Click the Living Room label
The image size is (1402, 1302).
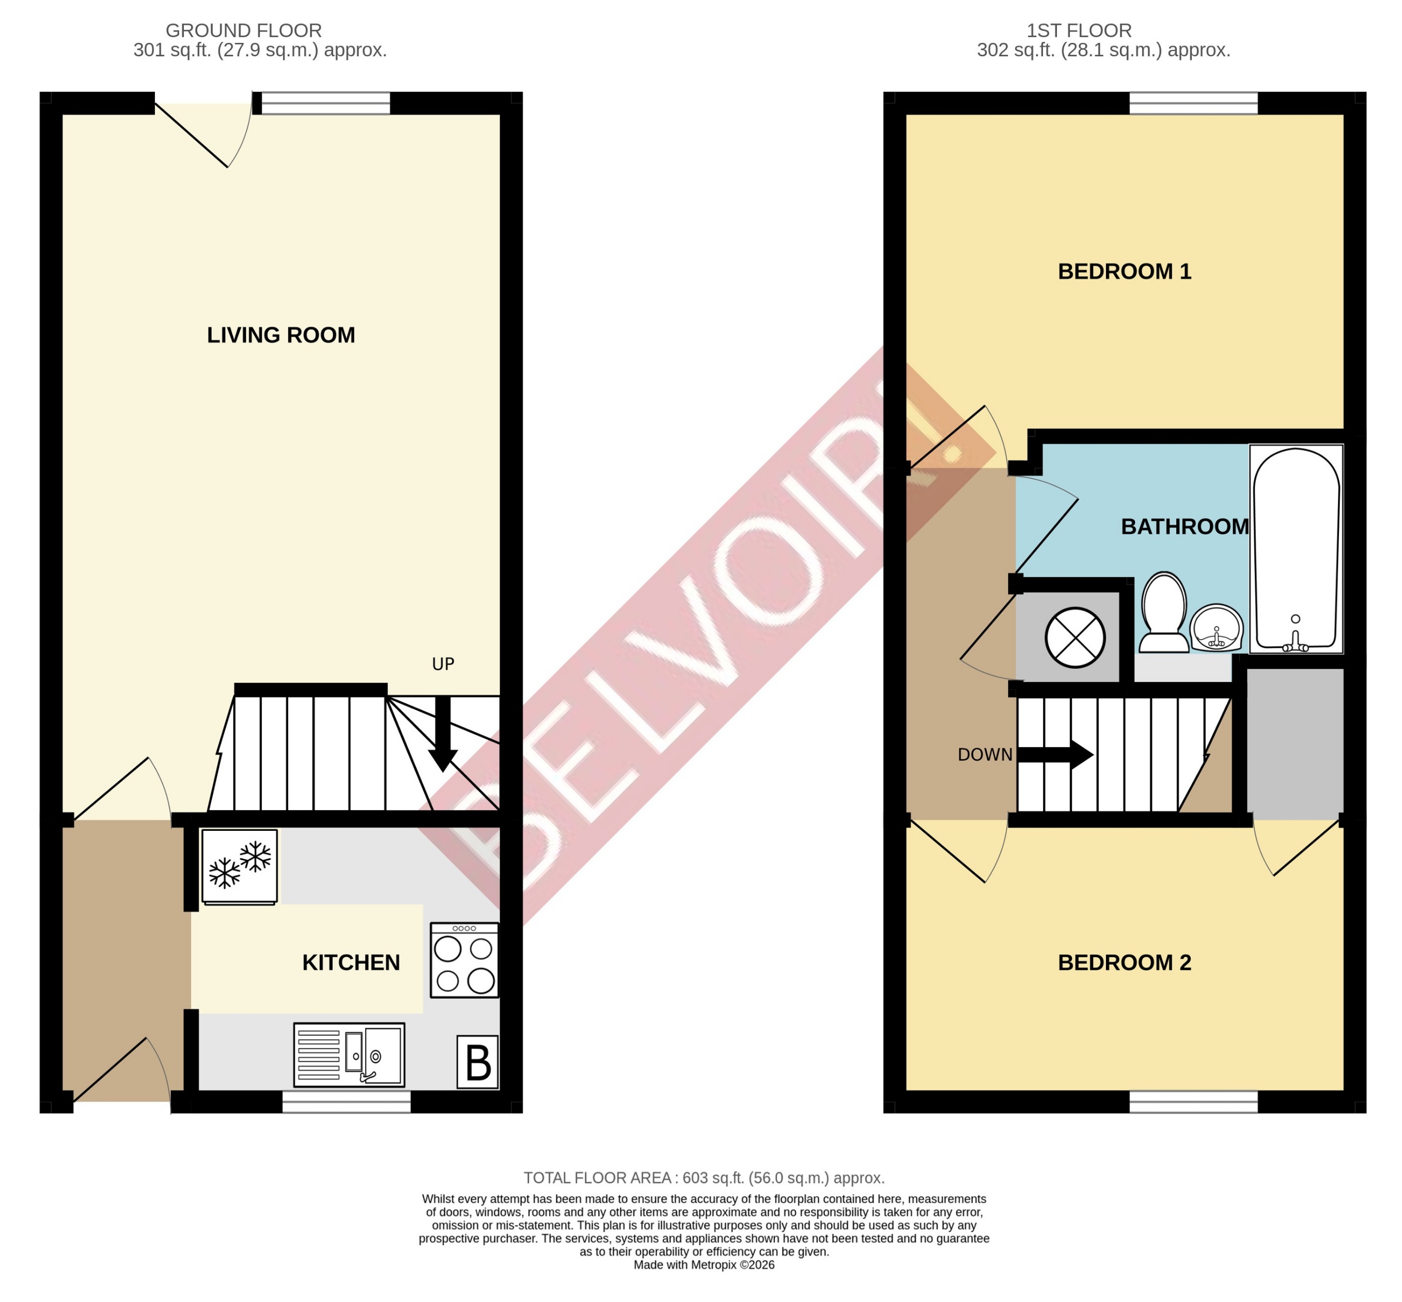point(281,335)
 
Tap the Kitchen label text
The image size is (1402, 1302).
point(351,963)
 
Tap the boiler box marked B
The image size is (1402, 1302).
point(478,1062)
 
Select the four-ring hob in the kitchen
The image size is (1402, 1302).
point(464,960)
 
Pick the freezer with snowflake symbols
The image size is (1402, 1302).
point(240,866)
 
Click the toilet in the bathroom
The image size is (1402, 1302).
point(1164,612)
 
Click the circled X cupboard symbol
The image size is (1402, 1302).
point(1074,638)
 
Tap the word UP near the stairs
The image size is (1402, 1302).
point(443,664)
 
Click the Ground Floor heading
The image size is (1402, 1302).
point(244,31)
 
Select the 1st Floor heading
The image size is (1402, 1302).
point(1079,31)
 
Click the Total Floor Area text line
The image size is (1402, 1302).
point(704,1178)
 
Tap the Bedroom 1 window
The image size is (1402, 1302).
point(1193,103)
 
